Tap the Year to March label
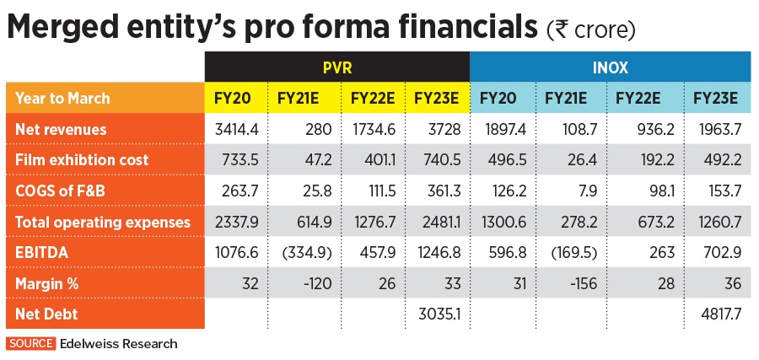pyautogui.click(x=62, y=98)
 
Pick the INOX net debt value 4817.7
pyautogui.click(x=716, y=314)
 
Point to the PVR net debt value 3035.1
pyautogui.click(x=436, y=314)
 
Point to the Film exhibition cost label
pyautogui.click(x=82, y=160)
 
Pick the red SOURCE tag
pyautogui.click(x=31, y=343)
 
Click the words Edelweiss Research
pyautogui.click(x=118, y=343)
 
